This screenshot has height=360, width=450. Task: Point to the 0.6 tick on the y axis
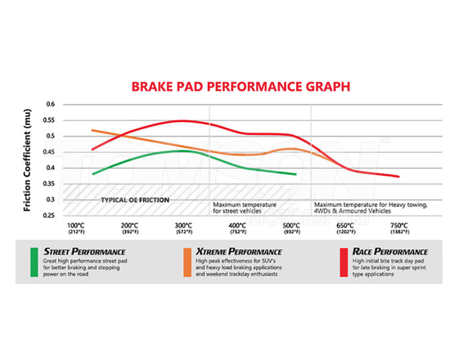[50, 105]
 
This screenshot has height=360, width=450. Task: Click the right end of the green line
[295, 174]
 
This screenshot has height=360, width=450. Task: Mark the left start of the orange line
[92, 130]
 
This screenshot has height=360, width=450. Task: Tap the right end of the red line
[398, 176]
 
